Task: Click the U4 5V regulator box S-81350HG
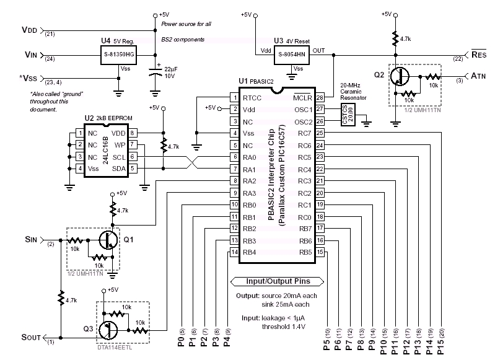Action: [118, 55]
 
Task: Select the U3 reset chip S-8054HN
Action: [292, 55]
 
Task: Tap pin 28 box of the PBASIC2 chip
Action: [320, 97]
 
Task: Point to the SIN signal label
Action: [32, 239]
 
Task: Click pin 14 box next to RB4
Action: [234, 252]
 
